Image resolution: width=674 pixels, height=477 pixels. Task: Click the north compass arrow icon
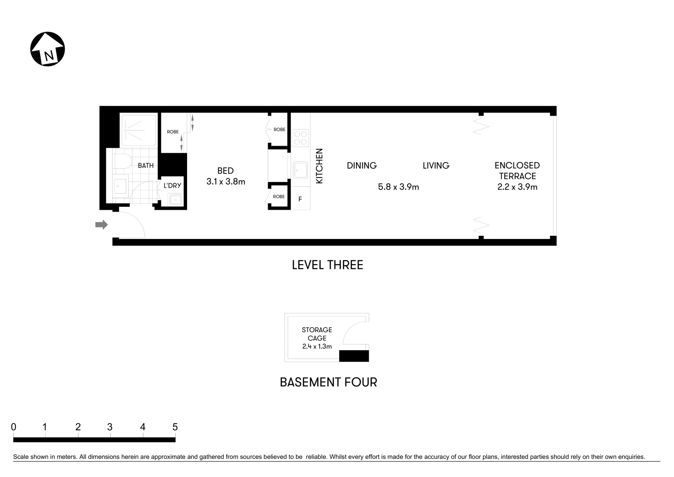coord(48,49)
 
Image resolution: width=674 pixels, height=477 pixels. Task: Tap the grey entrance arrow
coord(101,225)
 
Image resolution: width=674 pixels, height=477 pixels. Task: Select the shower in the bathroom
coord(139,130)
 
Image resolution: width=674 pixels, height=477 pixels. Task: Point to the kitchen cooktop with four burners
coord(300,137)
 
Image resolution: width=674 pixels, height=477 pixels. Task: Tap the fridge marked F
coord(300,199)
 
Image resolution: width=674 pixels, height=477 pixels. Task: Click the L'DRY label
coord(172,185)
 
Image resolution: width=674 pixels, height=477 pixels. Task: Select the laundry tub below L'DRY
coord(176,200)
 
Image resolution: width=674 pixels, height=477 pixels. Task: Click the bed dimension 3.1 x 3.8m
coord(226,182)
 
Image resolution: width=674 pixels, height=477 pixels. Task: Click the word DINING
coord(362,166)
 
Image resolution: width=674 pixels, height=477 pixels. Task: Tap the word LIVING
coord(436,166)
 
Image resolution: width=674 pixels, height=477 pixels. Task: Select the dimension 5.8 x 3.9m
coord(398,187)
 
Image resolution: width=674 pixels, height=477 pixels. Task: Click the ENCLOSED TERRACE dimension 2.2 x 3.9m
coord(517,187)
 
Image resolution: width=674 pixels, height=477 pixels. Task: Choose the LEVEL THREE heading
coord(327,265)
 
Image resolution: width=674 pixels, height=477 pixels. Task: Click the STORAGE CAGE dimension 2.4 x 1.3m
coord(317,347)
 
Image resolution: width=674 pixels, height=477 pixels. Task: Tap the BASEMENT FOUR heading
coord(328,382)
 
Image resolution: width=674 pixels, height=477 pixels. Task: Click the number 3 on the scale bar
coord(110,427)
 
